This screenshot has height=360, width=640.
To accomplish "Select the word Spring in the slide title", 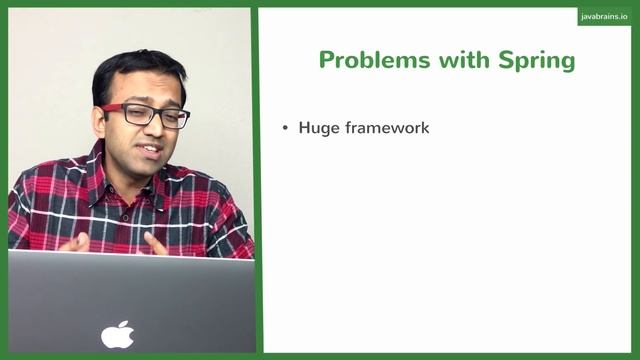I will [537, 61].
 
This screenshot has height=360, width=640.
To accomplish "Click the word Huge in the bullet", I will [318, 128].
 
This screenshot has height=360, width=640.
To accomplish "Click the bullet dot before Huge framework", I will [285, 129].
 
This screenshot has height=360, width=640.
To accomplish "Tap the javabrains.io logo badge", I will [604, 17].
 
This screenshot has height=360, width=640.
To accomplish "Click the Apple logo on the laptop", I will [118, 334].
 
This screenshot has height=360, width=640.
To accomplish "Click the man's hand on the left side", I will [74, 242].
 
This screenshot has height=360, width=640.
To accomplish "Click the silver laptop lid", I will [130, 300].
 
